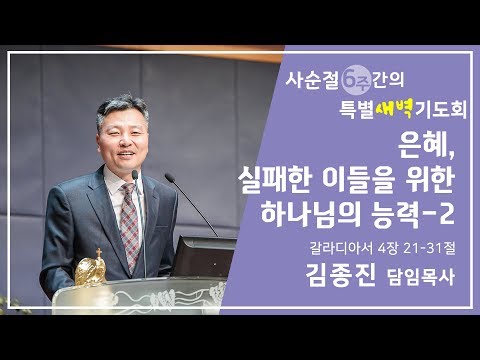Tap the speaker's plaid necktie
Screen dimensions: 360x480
click(129, 224)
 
